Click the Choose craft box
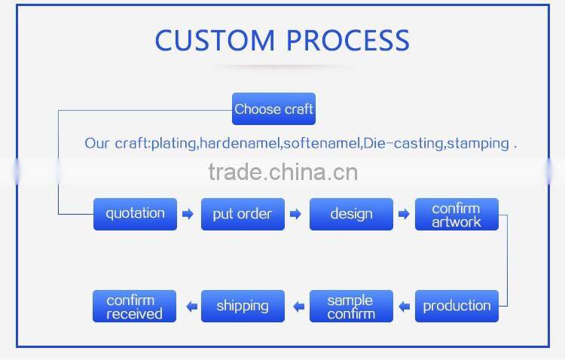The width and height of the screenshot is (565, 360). pos(273,109)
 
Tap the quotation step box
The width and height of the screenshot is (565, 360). pos(135,214)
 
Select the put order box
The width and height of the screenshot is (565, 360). pos(243,214)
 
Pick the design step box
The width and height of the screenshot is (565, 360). pos(351,214)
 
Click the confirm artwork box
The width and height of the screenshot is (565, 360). pos(457,214)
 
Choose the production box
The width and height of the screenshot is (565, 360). pos(457,306)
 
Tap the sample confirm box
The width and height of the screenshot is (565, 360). pos(351,306)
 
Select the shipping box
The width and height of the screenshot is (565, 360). pos(243,306)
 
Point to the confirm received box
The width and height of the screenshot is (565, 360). pos(135,306)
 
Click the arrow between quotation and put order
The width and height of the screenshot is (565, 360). pos(188,215)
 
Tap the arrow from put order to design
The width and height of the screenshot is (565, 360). pos(296,215)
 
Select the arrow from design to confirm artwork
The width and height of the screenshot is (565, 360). pos(404,215)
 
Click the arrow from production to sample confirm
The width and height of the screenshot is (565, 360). pos(404,307)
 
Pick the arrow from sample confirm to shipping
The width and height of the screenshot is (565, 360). pos(298,307)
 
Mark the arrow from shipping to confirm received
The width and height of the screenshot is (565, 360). pos(191,307)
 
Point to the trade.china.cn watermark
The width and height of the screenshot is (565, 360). pos(282,173)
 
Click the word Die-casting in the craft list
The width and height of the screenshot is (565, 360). pos(404,143)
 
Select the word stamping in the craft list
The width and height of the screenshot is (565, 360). pos(478,143)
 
